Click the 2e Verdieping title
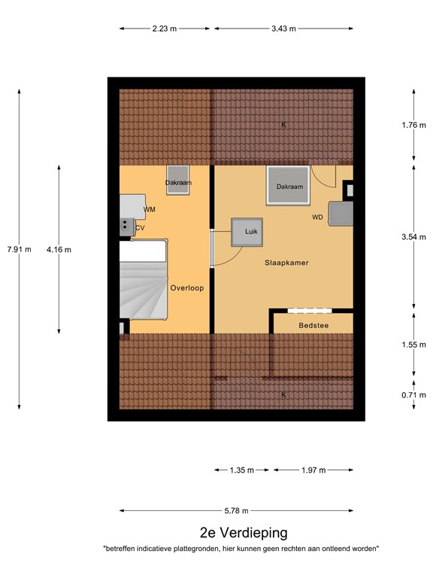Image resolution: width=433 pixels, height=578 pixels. point(243,533)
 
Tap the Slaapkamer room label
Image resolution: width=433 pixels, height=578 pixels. point(286,263)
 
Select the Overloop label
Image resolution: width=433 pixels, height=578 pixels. point(187,287)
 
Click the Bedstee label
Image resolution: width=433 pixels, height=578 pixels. point(312,325)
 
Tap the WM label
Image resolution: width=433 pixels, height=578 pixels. point(150,208)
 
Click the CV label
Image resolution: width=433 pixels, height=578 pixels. point(140,227)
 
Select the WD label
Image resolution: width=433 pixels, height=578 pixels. point(318,218)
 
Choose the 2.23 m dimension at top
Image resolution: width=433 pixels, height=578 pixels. point(164,29)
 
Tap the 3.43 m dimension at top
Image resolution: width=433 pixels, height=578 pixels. point(283,29)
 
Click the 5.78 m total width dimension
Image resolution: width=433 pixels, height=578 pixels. point(236,510)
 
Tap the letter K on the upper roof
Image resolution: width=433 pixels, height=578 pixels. point(283,125)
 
